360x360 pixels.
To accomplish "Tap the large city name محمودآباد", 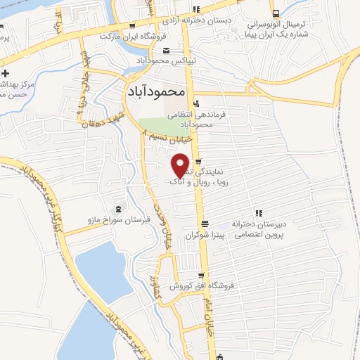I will point(157,91).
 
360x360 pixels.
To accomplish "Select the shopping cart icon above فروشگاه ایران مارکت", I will point(132,26).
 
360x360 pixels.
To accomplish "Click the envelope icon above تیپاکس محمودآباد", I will point(166,50).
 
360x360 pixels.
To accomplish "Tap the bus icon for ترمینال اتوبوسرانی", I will point(276,13).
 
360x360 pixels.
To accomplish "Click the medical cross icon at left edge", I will point(6,74).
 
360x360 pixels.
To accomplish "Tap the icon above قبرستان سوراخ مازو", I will point(117,208).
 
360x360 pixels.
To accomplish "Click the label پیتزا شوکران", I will point(203,237).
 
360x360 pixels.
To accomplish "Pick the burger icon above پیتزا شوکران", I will point(204,224).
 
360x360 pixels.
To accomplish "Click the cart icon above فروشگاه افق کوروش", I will point(202,275).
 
